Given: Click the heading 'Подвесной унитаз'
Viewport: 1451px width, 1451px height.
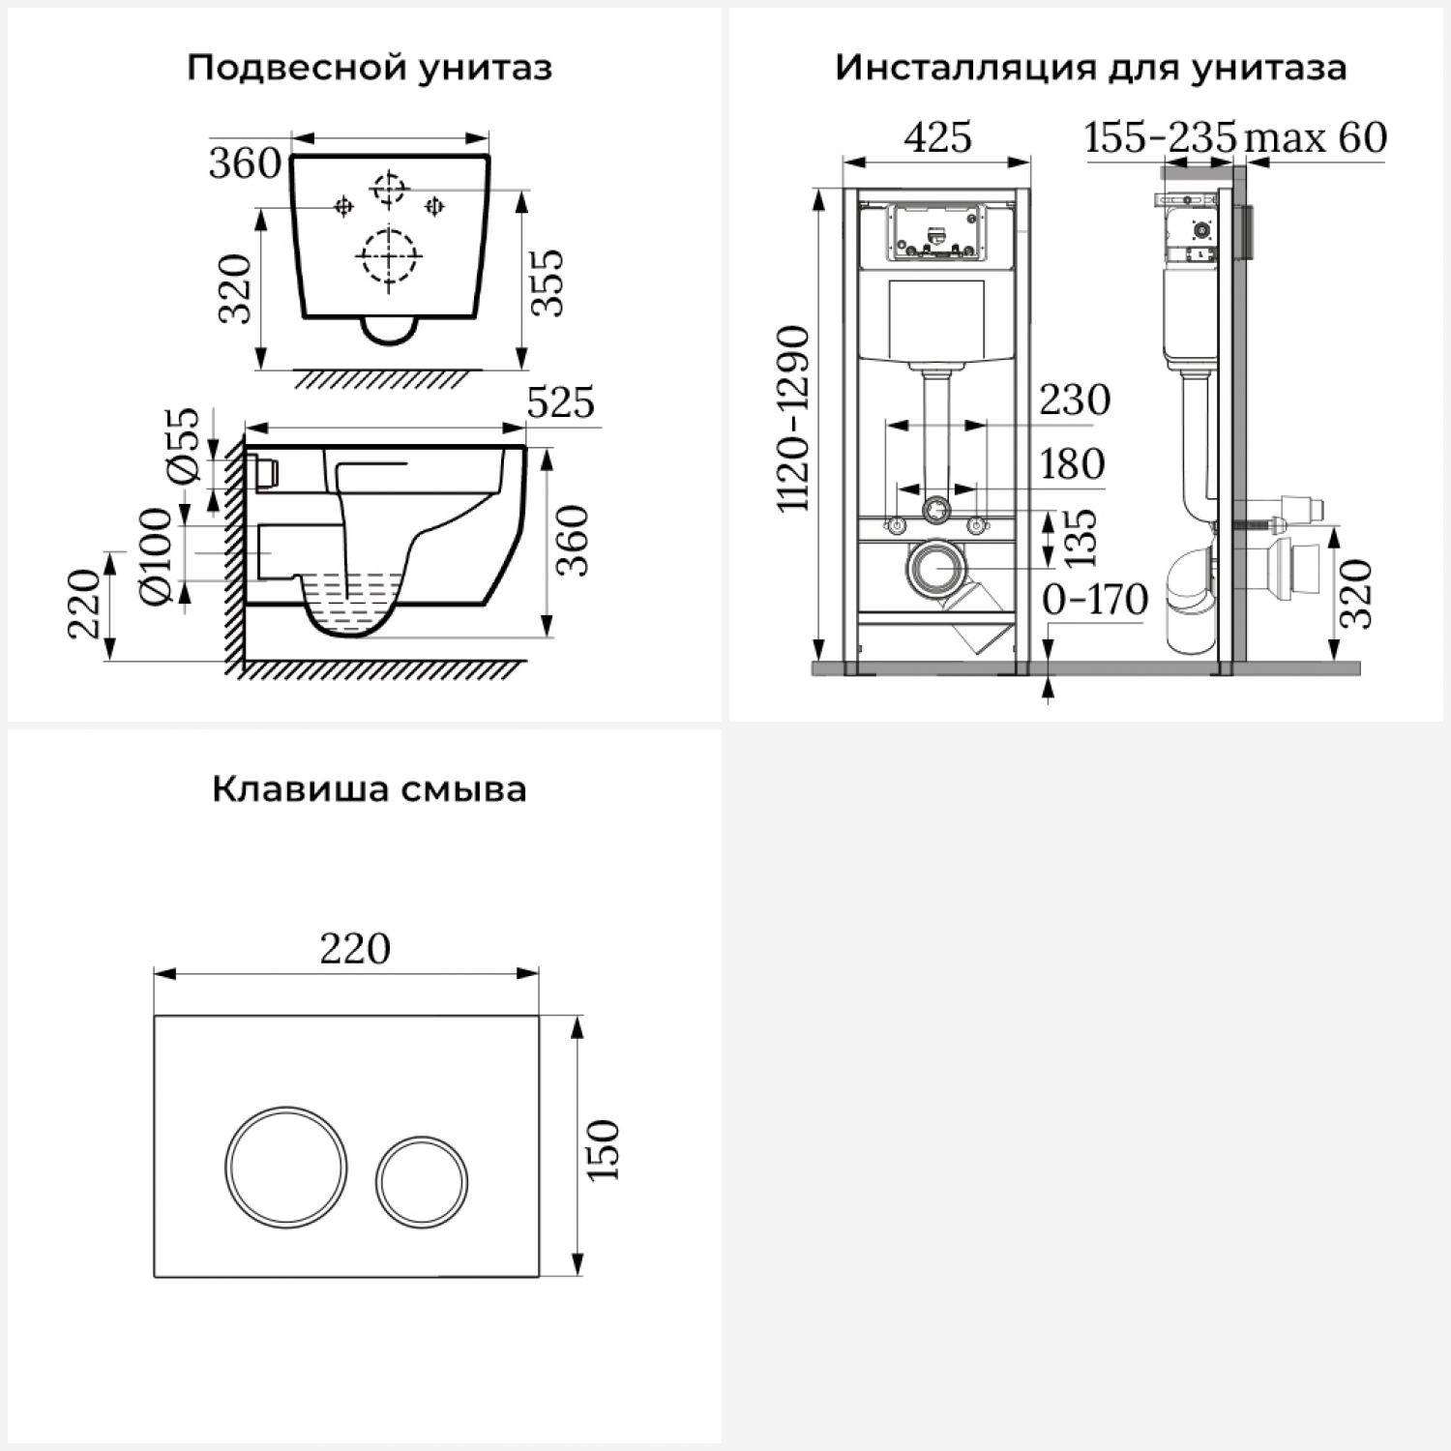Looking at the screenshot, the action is click(x=370, y=69).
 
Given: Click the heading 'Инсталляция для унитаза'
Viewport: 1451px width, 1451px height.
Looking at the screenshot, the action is click(x=1090, y=69).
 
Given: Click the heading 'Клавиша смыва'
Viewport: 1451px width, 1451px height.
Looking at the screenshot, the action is click(x=370, y=789).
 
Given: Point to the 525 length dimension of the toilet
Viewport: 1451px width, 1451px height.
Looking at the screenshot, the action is click(x=561, y=402).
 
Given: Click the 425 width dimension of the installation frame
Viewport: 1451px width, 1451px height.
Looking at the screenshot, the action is click(x=937, y=137).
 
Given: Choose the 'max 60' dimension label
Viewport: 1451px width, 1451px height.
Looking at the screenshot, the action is click(x=1316, y=137).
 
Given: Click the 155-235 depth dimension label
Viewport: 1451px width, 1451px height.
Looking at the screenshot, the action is click(x=1161, y=137).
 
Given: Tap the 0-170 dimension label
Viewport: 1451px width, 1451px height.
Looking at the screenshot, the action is click(x=1095, y=600).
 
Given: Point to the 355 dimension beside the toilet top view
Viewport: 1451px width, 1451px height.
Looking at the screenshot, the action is click(x=548, y=281).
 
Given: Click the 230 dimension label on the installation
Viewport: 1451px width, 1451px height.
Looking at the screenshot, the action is click(x=1075, y=400).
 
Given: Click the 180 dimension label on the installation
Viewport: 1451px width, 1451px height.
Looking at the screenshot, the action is click(x=1072, y=464).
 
